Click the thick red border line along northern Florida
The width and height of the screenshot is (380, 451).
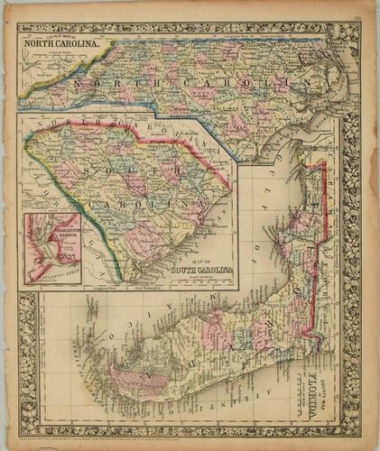tap(318, 216)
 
